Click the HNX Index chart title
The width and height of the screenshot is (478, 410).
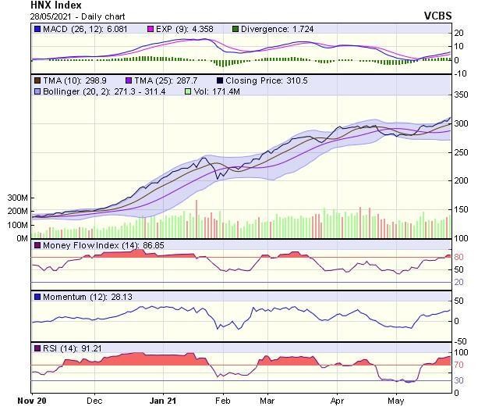56,5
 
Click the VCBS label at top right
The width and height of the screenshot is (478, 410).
460,15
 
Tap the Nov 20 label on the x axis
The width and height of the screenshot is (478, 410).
33,400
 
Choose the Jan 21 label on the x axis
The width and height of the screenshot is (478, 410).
163,400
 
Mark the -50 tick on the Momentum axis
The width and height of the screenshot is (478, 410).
461,341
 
